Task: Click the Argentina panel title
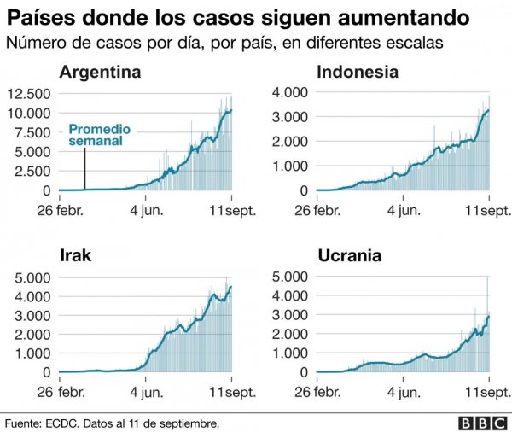click(x=100, y=72)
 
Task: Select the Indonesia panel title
click(x=357, y=72)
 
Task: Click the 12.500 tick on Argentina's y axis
click(x=30, y=93)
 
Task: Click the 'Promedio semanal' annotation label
click(x=100, y=136)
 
